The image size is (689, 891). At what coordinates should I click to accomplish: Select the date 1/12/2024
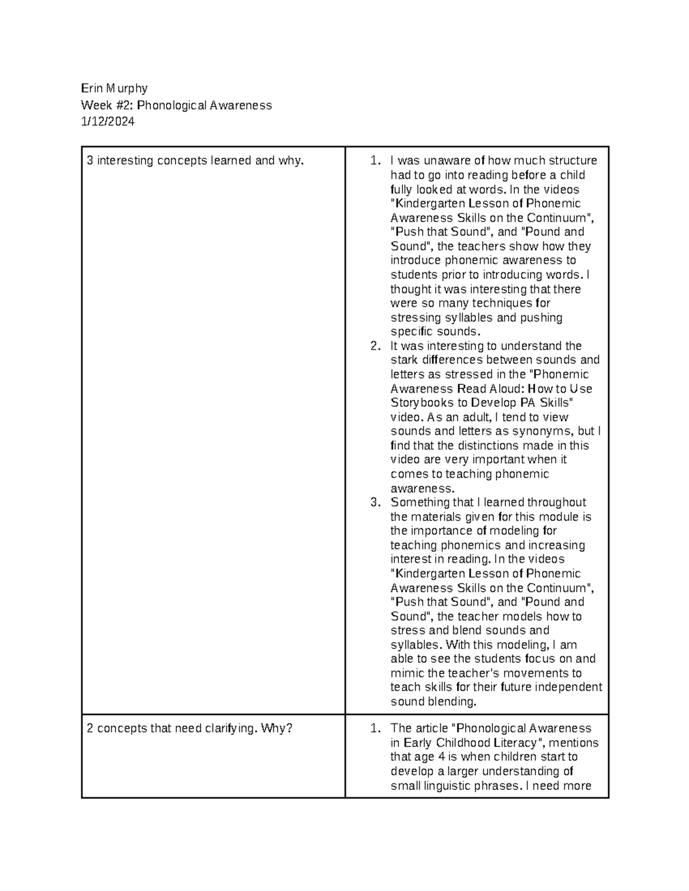point(108,122)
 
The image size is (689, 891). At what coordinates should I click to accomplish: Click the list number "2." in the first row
point(375,346)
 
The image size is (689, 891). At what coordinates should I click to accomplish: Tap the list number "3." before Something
point(375,503)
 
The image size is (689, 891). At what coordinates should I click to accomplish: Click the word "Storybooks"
point(421,403)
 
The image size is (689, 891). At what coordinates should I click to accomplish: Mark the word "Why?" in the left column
point(277,729)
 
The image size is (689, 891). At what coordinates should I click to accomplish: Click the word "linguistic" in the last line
point(443,786)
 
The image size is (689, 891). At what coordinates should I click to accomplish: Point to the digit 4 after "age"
point(441,757)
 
